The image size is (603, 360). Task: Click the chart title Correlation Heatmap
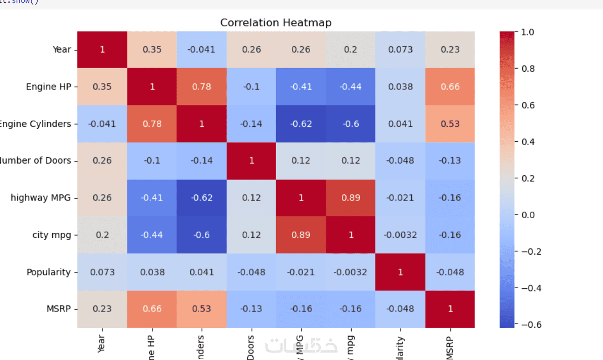point(276,23)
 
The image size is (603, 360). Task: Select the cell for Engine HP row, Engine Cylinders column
point(201,87)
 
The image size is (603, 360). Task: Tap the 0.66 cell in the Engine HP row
point(450,87)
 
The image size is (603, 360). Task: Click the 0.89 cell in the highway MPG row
point(350,198)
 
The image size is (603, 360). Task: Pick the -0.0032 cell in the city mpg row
point(400,235)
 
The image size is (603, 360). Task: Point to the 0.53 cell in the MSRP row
point(201,309)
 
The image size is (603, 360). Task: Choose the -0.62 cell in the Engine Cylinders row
point(301,124)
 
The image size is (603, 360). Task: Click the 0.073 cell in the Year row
point(400,49)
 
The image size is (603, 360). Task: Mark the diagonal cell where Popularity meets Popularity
point(400,272)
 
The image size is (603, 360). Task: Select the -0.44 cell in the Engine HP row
point(350,87)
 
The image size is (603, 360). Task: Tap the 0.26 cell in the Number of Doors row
point(102,160)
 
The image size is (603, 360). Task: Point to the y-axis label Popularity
point(49,272)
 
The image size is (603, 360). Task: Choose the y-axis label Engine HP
point(49,87)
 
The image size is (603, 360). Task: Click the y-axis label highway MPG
point(41,198)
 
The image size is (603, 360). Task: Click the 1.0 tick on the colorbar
point(528,32)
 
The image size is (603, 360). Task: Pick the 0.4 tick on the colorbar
point(528,142)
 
